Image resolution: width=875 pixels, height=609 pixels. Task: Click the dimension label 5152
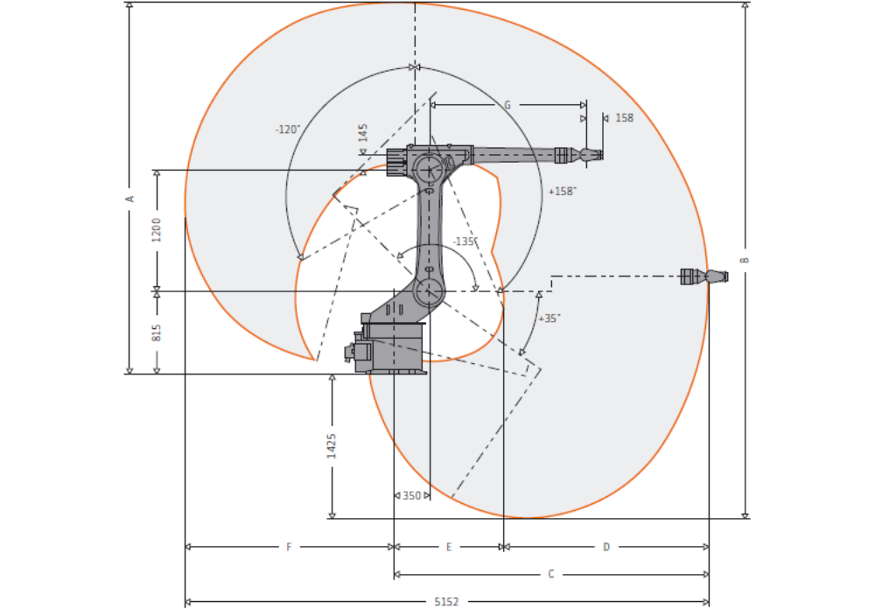click(446, 602)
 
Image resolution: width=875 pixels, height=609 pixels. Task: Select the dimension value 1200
click(157, 230)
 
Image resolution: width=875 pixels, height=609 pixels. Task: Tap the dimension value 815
click(157, 332)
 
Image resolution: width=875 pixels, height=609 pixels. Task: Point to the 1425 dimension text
click(332, 446)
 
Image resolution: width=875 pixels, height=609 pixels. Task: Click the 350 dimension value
click(412, 495)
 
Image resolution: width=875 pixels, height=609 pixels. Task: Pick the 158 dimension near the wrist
click(625, 118)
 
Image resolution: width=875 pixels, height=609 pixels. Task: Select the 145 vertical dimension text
click(363, 133)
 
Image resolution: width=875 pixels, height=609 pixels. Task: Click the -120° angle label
click(288, 129)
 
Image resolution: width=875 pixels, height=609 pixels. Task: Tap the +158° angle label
click(562, 192)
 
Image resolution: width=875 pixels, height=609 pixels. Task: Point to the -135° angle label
click(465, 241)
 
